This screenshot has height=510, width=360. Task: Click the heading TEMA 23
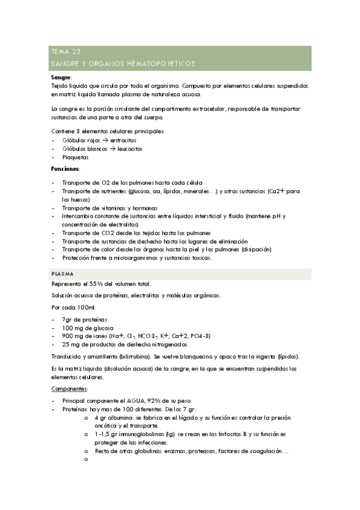67,52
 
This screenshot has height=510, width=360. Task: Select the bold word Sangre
61,78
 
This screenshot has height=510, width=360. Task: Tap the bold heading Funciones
66,170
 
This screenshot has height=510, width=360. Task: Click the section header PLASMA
63,274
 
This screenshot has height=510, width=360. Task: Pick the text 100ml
84,307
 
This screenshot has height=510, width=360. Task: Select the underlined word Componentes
70,390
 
